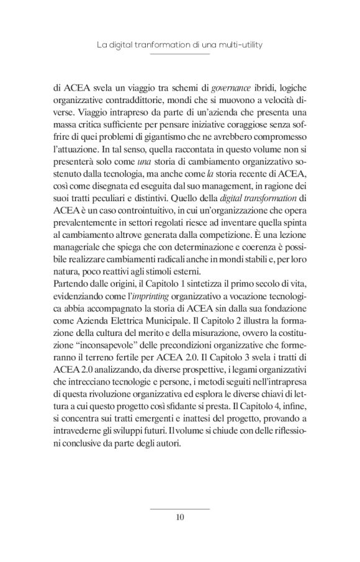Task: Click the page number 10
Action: pos(180,517)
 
